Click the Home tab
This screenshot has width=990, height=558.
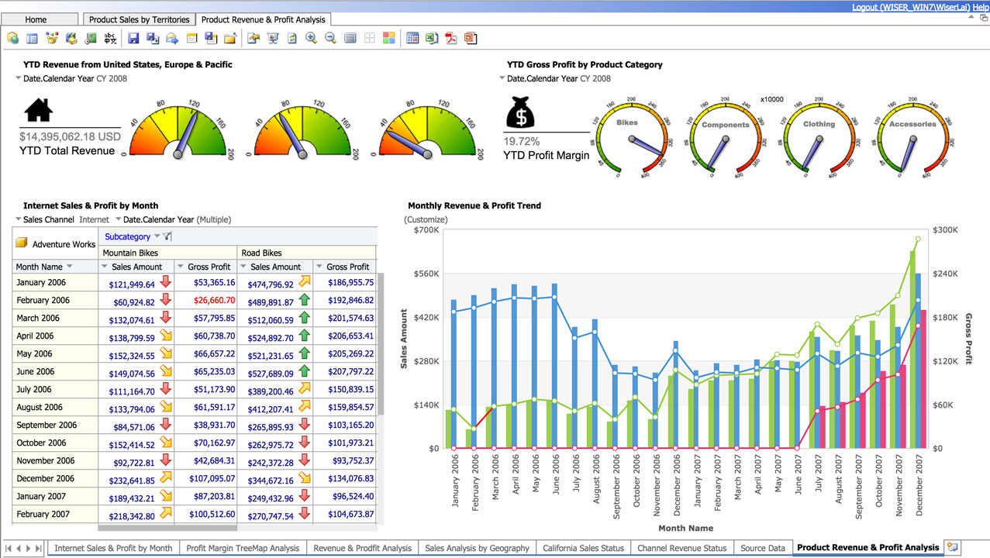click(x=36, y=19)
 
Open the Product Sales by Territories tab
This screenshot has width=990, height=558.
click(x=139, y=19)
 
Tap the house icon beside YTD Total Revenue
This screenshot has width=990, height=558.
click(x=39, y=110)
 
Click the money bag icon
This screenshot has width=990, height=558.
click(x=521, y=112)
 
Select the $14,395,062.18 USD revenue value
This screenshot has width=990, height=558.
click(x=70, y=136)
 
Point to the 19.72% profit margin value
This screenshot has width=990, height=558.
click(x=522, y=142)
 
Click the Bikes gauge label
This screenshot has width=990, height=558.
click(x=626, y=122)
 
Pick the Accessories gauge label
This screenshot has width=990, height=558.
click(x=912, y=124)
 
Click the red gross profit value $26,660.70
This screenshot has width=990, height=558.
click(x=214, y=300)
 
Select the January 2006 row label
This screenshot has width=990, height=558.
click(x=41, y=283)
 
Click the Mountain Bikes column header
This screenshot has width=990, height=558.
click(x=130, y=253)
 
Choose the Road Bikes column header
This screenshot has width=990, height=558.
click(x=261, y=253)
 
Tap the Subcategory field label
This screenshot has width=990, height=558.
click(x=127, y=236)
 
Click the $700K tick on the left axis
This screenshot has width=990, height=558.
click(x=425, y=230)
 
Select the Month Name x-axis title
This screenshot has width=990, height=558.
click(x=685, y=529)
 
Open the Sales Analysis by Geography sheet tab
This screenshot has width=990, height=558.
click(x=477, y=548)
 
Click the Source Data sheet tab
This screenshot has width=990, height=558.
click(x=763, y=548)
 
